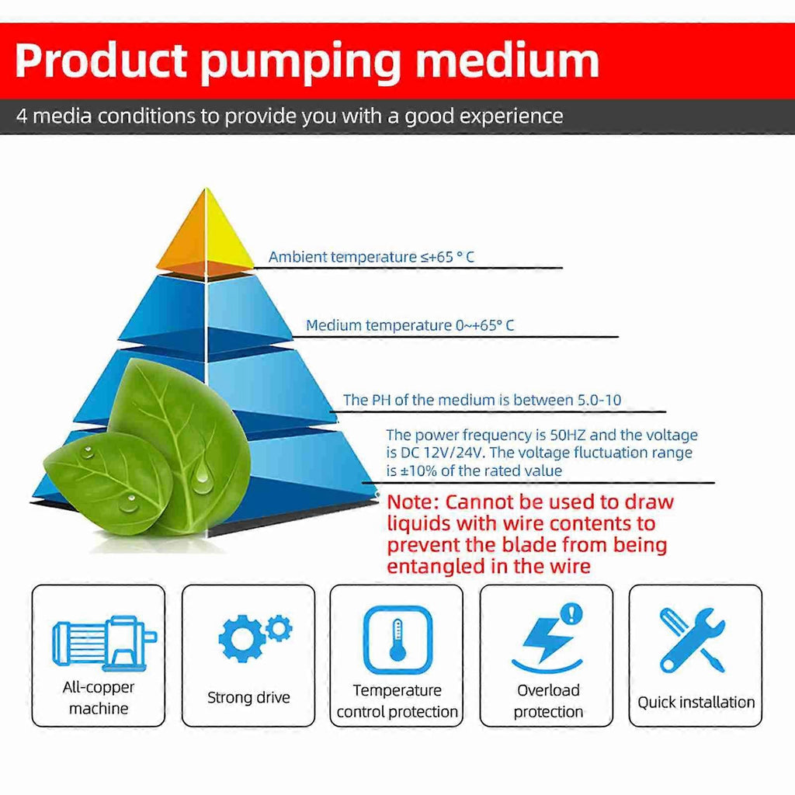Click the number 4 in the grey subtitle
21,116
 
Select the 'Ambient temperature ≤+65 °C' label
371,257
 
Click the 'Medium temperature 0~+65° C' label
410,325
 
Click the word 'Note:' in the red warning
413,502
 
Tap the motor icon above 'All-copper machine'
105,643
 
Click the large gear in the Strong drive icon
242,638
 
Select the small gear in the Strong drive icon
279,628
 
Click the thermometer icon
398,640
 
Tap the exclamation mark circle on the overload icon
572,613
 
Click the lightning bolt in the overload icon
547,639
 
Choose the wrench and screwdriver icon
693,641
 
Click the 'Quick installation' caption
696,702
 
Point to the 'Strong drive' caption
248,698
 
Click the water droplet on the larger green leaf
202,476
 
